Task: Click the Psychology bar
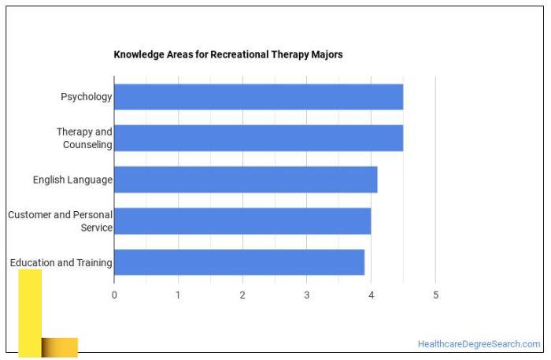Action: [258, 97]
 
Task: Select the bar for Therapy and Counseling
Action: [258, 138]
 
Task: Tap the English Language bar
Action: [246, 180]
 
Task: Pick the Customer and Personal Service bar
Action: [242, 221]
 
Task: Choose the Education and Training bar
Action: [239, 262]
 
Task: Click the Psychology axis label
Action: [87, 97]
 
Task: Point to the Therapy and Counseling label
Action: [84, 138]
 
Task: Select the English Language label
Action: [72, 180]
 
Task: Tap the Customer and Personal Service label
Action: [61, 221]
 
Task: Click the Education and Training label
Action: [61, 262]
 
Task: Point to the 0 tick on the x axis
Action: [114, 295]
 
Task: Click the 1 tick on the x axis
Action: [179, 295]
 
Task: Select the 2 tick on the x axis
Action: [242, 295]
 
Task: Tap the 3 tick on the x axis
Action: [307, 295]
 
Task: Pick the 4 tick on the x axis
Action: [371, 295]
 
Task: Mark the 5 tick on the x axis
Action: [435, 295]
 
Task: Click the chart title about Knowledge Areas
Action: [228, 54]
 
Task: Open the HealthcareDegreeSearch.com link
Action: [479, 344]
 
